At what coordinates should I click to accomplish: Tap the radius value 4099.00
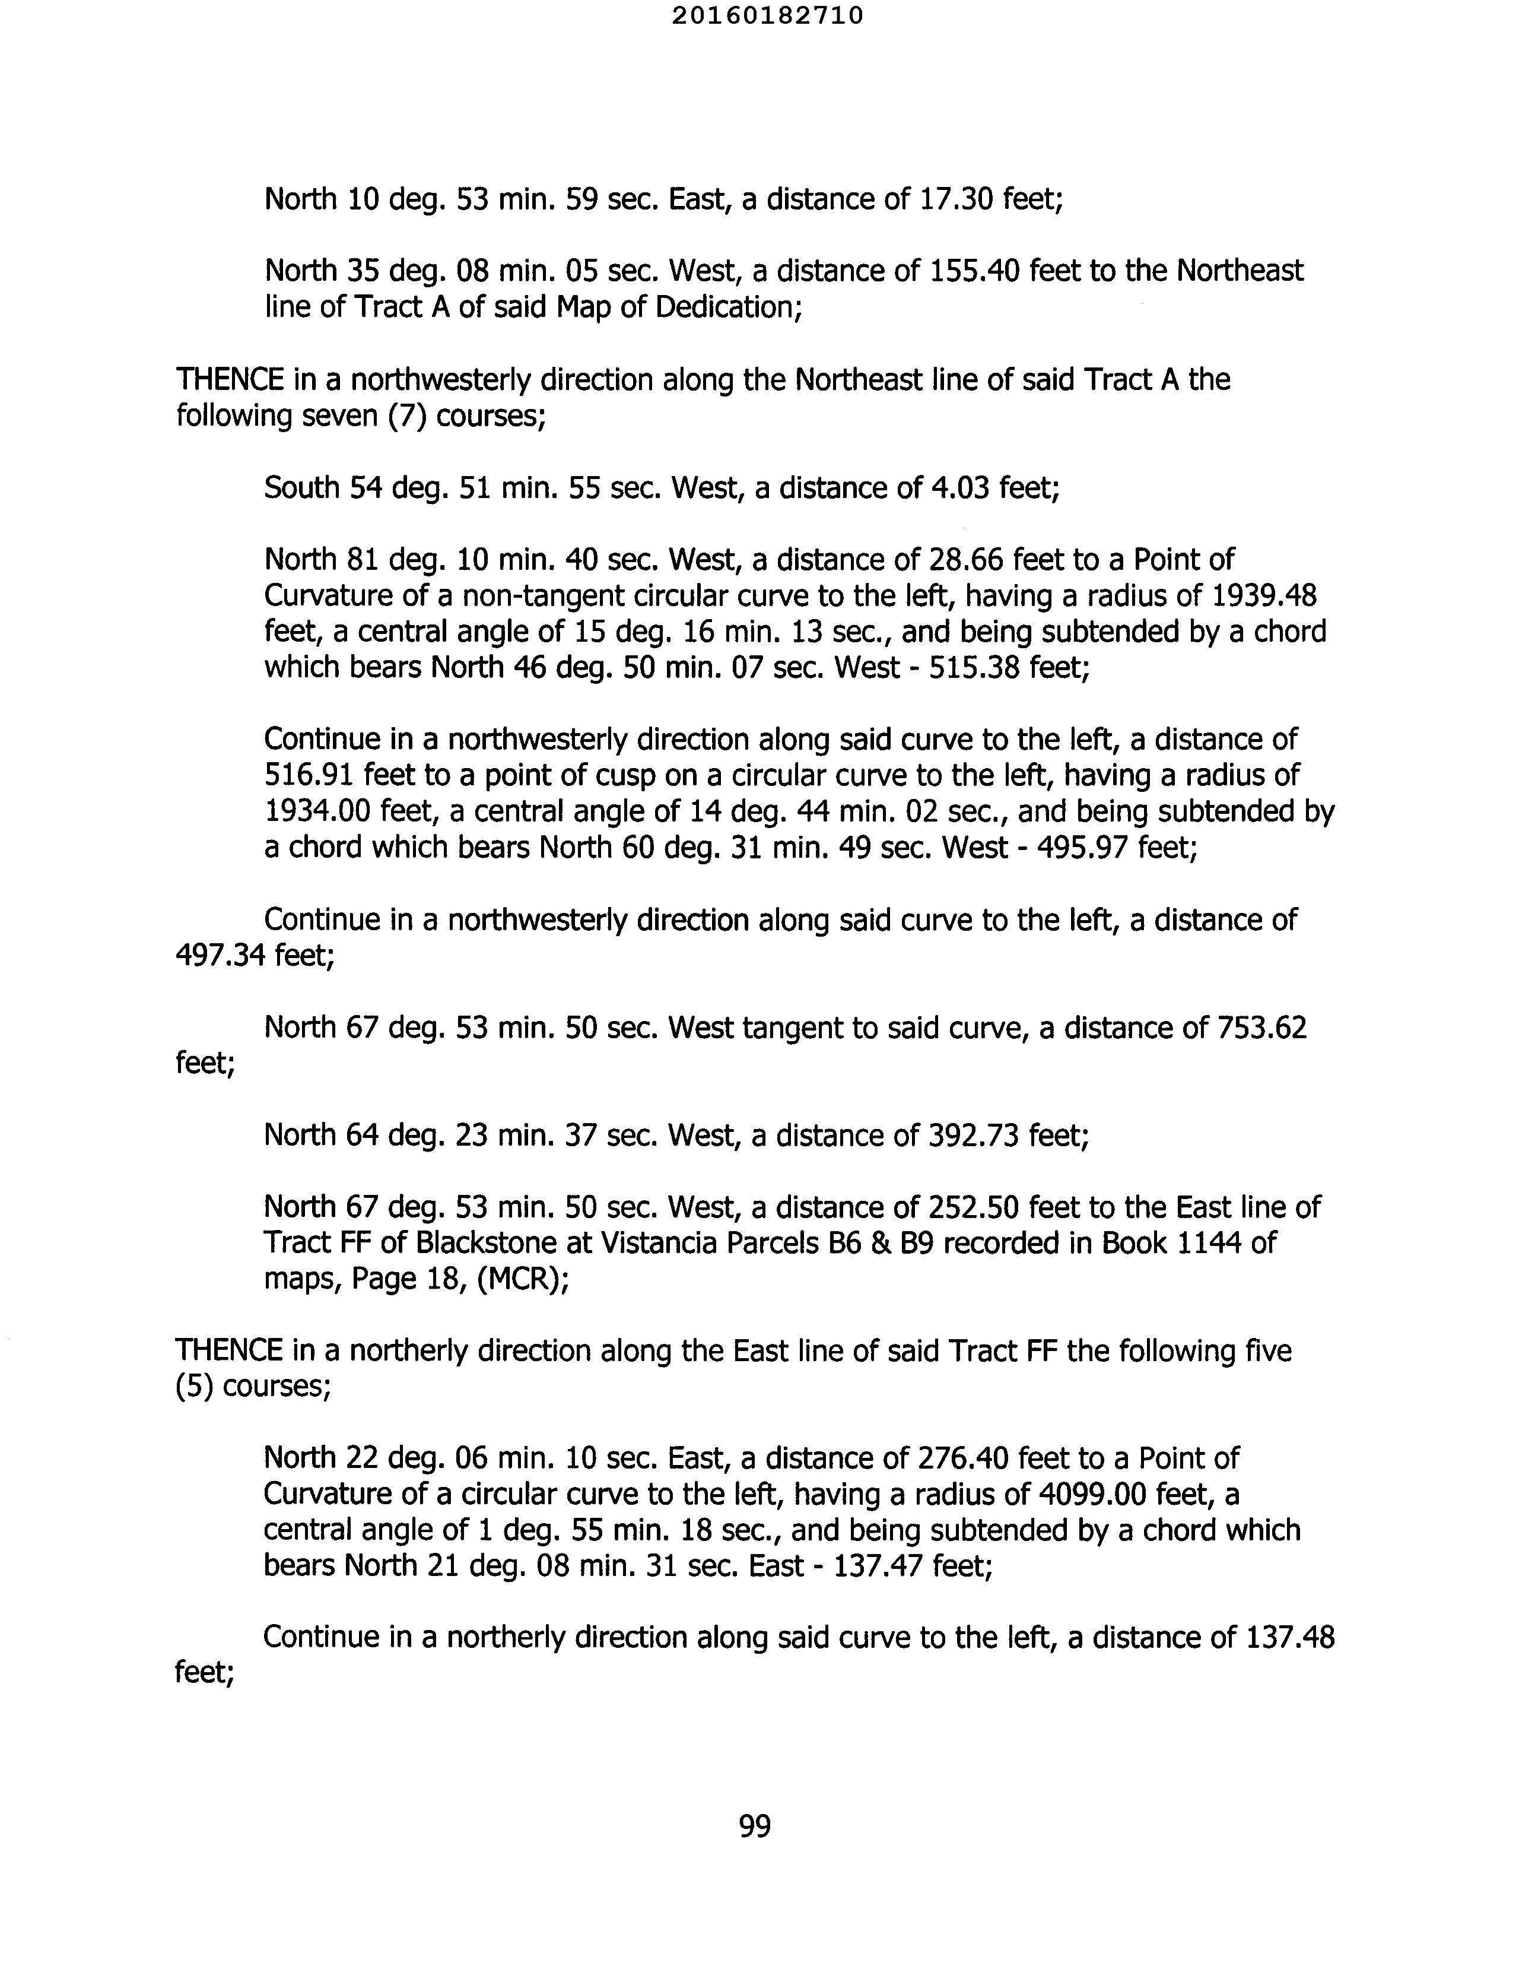point(1092,1495)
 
